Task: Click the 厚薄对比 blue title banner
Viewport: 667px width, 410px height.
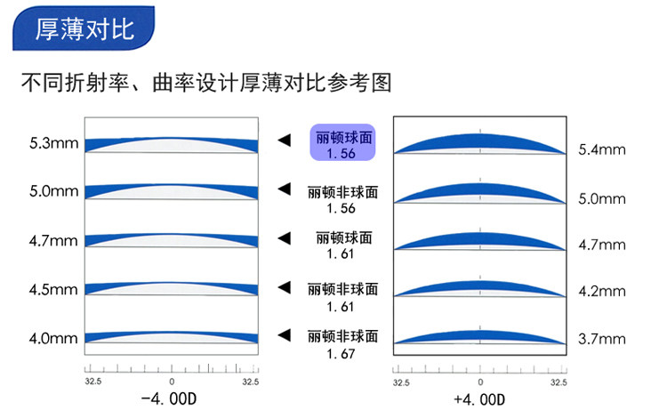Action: (x=84, y=29)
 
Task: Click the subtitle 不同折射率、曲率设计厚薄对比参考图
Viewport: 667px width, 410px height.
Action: (x=206, y=84)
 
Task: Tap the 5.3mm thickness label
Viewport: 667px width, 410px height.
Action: (x=52, y=141)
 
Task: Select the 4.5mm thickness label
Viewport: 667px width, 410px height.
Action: (x=52, y=289)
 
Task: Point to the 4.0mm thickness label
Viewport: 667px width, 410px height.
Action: (x=52, y=338)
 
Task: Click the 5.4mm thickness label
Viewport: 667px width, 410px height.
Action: (x=602, y=149)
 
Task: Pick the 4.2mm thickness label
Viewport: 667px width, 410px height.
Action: (x=602, y=289)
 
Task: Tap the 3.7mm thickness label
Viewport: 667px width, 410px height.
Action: (x=602, y=339)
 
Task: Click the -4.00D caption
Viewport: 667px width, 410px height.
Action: (x=172, y=399)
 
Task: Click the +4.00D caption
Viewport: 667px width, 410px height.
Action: (x=480, y=399)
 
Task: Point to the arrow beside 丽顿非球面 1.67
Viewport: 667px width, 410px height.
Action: (x=285, y=335)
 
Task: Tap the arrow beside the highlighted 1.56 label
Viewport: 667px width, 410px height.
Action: (x=285, y=141)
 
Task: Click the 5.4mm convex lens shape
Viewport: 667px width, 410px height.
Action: (x=480, y=143)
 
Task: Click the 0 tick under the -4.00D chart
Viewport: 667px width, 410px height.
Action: (x=172, y=381)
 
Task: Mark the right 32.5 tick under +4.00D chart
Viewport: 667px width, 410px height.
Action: (x=558, y=381)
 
